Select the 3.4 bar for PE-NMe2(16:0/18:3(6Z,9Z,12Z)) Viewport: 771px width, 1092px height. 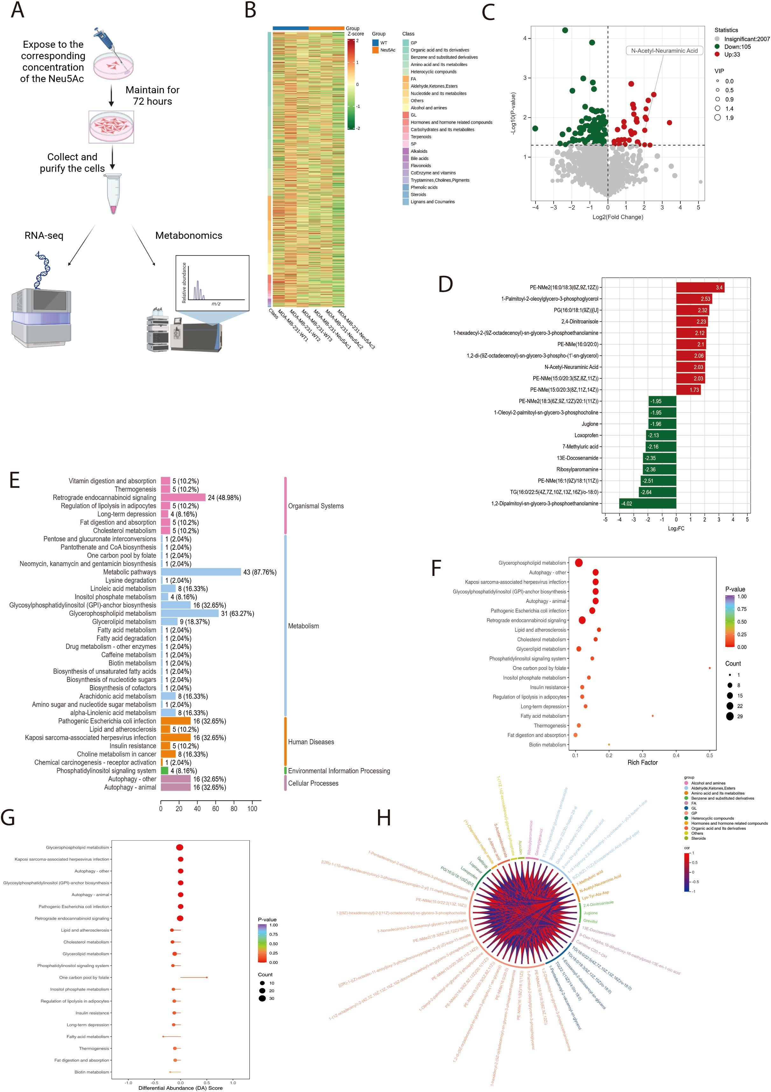pyautogui.click(x=700, y=287)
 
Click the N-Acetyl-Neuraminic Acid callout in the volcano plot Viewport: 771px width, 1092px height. pyautogui.click(x=664, y=50)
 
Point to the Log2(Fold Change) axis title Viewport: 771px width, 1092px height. pyautogui.click(x=617, y=217)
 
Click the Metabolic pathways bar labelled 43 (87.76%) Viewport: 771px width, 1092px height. pyautogui.click(x=201, y=572)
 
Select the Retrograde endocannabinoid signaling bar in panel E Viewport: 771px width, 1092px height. pyautogui.click(x=183, y=498)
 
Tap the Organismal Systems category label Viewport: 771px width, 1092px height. pyautogui.click(x=316, y=506)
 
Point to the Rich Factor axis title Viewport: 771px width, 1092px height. pyautogui.click(x=642, y=762)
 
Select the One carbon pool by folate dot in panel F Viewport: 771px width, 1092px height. pyautogui.click(x=710, y=668)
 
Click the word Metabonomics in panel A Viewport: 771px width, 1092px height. pyautogui.click(x=189, y=235)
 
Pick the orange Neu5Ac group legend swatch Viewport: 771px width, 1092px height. pyautogui.click(x=375, y=50)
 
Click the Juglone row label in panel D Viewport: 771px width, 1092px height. pyautogui.click(x=590, y=424)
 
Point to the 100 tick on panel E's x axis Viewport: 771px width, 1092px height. pyautogui.click(x=252, y=808)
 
